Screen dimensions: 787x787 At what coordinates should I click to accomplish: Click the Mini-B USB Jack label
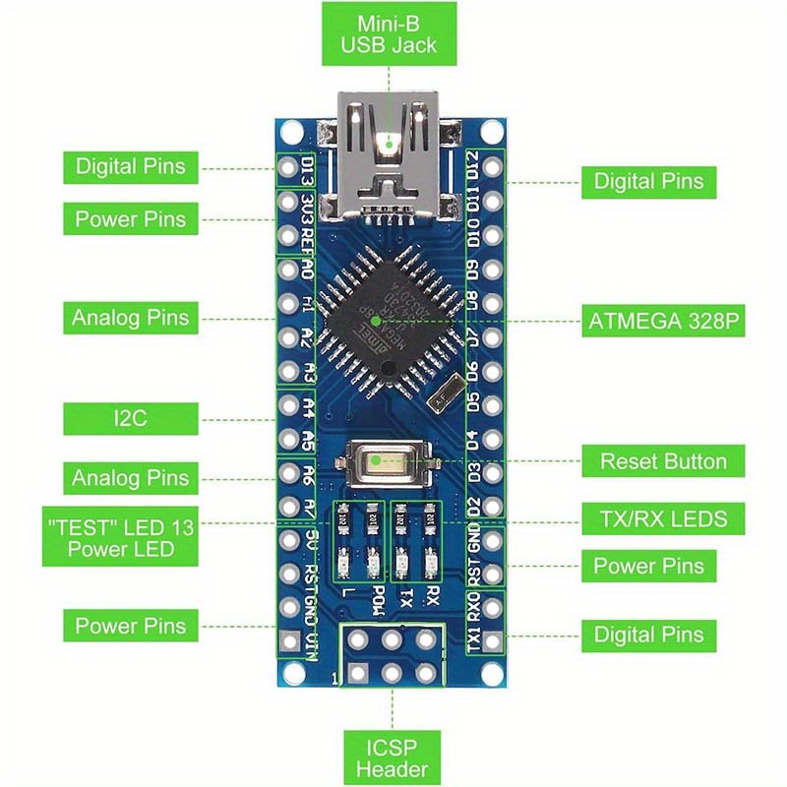click(x=389, y=32)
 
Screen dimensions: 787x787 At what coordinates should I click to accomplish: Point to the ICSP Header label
click(x=392, y=756)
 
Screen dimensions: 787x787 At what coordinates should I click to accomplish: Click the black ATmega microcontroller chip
click(x=391, y=317)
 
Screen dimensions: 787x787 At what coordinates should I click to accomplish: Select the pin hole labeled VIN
click(x=288, y=641)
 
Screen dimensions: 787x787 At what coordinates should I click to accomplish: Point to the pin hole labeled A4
click(x=288, y=405)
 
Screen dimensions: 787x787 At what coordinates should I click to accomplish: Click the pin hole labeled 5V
click(x=288, y=540)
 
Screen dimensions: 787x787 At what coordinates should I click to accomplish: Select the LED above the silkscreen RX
click(x=432, y=562)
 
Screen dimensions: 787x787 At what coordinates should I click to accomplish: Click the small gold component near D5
click(x=446, y=392)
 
